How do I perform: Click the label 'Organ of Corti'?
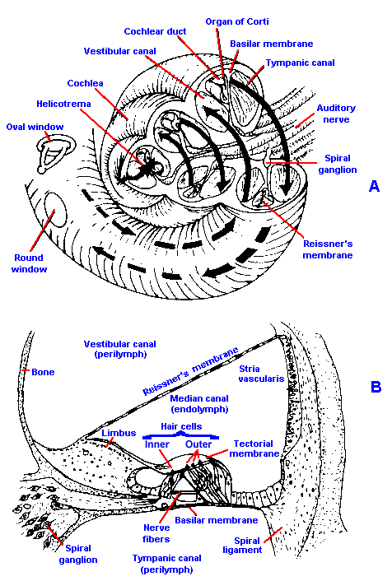pos(237,22)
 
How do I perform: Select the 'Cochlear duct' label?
pos(155,31)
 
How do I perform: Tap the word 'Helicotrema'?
pos(63,104)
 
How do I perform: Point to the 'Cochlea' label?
pos(86,83)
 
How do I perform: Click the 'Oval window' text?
pos(35,127)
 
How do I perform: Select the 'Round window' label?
pos(30,263)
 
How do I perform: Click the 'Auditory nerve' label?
pos(336,114)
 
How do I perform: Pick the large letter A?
pos(374,186)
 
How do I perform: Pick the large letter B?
pos(376,387)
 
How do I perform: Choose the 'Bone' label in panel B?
pos(43,372)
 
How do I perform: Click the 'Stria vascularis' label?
pos(261,374)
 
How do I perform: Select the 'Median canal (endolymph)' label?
pos(199,404)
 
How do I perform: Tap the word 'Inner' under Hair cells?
pos(156,444)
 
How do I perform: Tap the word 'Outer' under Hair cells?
pos(198,444)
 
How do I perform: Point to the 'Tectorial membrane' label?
pos(254,449)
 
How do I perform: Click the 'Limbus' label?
pos(119,433)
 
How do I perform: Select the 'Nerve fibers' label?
pos(156,533)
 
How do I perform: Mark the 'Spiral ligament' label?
pos(243,546)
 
